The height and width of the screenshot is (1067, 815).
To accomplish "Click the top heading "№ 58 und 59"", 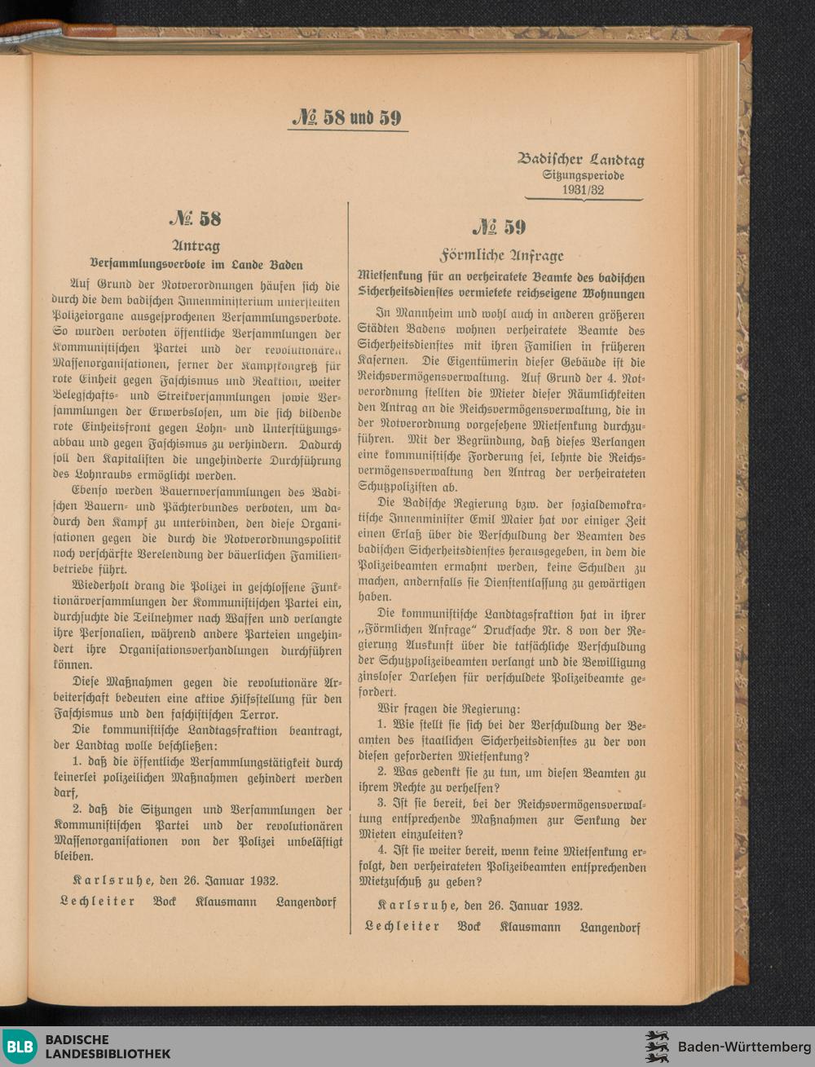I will point(348,117).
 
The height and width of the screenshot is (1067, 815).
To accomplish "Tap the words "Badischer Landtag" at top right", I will point(580,160).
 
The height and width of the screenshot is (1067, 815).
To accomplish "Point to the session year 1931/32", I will point(583,190).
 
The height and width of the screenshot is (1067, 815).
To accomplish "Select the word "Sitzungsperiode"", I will point(583,175).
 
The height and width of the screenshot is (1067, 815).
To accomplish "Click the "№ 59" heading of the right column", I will point(500,227).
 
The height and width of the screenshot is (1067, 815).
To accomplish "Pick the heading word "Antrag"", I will point(196,245).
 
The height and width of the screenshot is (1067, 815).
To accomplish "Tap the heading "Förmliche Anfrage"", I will point(501,254).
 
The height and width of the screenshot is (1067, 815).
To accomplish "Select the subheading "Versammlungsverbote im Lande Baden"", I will point(196,264).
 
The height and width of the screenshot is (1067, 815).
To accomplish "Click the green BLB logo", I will point(20,1047).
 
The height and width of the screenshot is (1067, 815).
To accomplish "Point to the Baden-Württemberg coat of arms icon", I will point(657,1047).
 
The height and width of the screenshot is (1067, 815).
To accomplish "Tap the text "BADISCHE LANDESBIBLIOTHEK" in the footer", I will point(108,1047).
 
